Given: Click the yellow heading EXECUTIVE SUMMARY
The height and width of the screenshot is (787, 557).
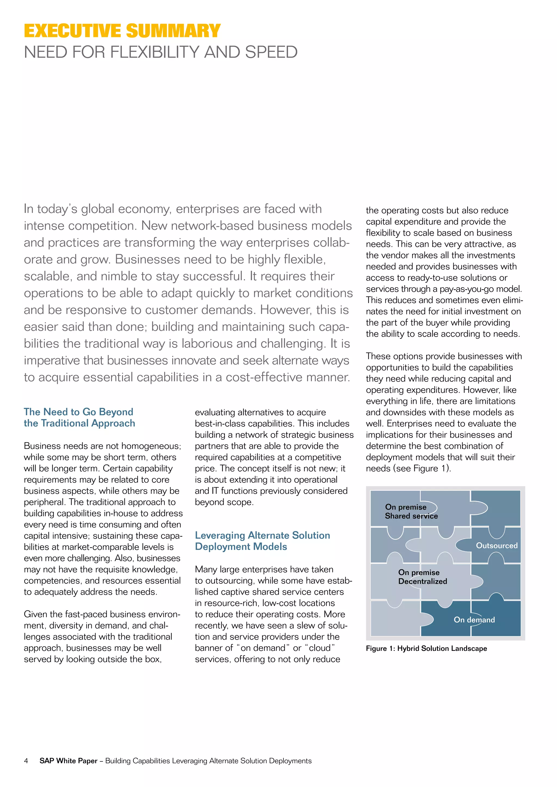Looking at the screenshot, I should click(x=122, y=31).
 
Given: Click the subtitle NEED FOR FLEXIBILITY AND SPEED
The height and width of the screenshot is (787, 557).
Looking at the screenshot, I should click(x=160, y=52).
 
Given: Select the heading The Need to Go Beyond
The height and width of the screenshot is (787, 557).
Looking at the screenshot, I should click(x=79, y=412).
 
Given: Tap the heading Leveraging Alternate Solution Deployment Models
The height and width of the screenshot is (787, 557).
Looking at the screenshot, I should click(x=262, y=541).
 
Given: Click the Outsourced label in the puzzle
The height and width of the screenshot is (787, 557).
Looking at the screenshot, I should click(x=496, y=545).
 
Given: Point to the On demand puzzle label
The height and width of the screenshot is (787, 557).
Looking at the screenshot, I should click(x=474, y=619).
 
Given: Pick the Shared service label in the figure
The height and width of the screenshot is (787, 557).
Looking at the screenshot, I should click(x=411, y=516).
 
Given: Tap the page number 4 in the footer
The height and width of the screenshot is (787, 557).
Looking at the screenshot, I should click(x=26, y=761).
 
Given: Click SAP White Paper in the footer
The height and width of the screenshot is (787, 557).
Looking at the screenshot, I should click(x=69, y=761).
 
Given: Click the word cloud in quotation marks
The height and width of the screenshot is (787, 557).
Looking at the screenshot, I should click(x=320, y=648).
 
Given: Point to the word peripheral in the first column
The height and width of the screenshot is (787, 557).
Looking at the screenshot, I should click(x=45, y=502).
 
